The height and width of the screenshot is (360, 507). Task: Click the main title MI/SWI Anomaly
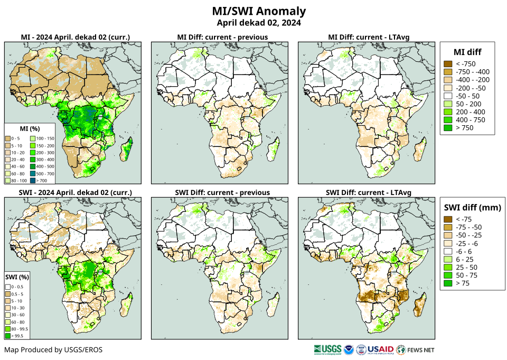coord(259,11)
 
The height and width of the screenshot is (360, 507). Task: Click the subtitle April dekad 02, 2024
coord(259,23)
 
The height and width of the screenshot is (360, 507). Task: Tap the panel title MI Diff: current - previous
coord(222,37)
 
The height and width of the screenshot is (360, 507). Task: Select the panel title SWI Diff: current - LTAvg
coord(369,192)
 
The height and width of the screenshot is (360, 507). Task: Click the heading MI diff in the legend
coord(467,51)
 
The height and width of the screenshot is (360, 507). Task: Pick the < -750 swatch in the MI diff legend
coord(448,64)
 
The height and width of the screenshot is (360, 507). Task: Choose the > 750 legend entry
coord(448,128)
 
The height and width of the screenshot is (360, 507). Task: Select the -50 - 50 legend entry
coord(448,96)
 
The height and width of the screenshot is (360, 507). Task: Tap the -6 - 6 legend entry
coord(448,252)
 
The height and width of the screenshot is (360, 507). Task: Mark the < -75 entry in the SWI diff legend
coord(448,219)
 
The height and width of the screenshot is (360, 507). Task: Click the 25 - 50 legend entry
coord(448,267)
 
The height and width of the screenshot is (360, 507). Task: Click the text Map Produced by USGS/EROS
coord(53,350)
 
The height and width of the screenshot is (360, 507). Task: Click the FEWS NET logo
coord(416,349)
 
